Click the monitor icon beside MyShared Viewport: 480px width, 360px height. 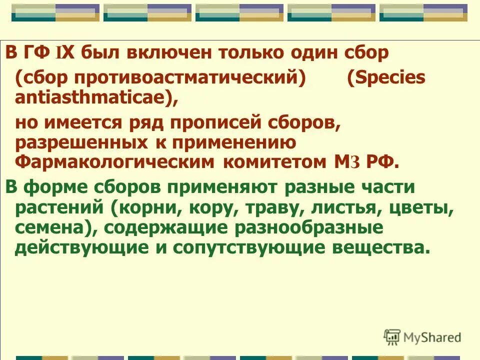(392, 336)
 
